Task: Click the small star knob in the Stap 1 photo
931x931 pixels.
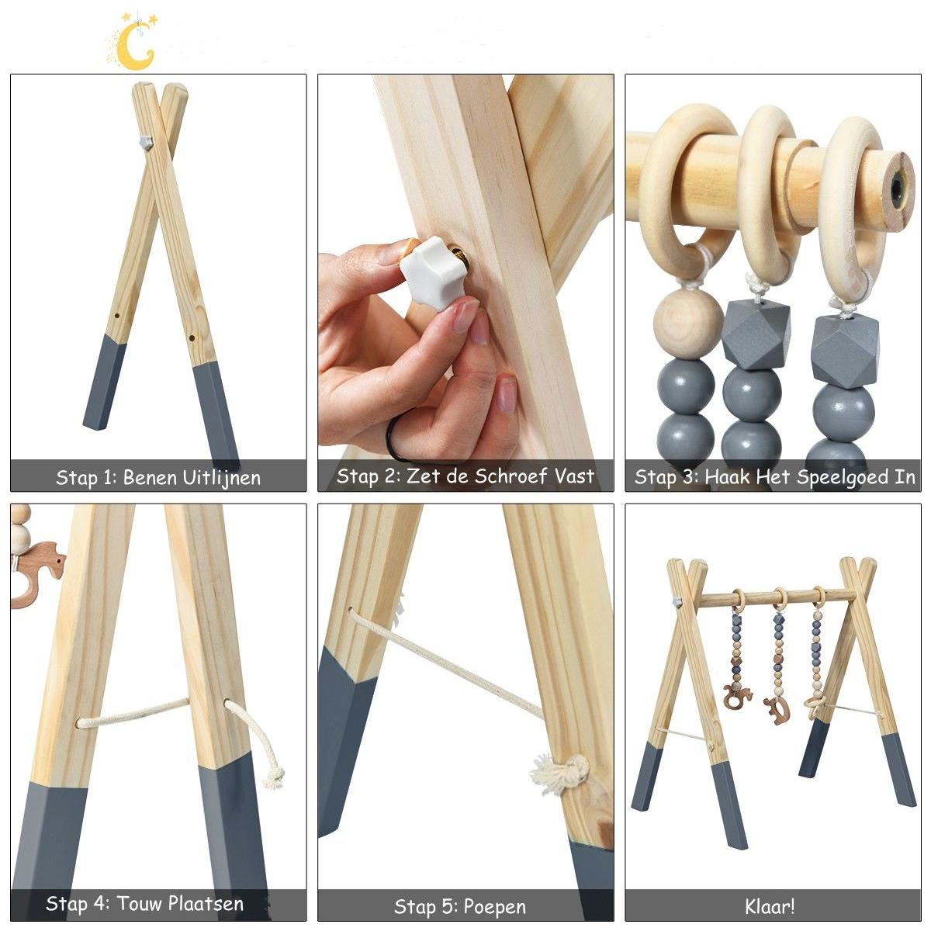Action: click(x=146, y=143)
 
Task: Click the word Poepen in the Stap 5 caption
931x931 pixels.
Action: click(x=493, y=908)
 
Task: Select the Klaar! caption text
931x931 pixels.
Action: click(x=770, y=906)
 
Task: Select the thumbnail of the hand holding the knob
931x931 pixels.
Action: click(x=465, y=282)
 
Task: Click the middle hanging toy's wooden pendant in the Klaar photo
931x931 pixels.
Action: click(x=777, y=711)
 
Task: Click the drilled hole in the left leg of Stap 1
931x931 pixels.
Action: click(x=117, y=316)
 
